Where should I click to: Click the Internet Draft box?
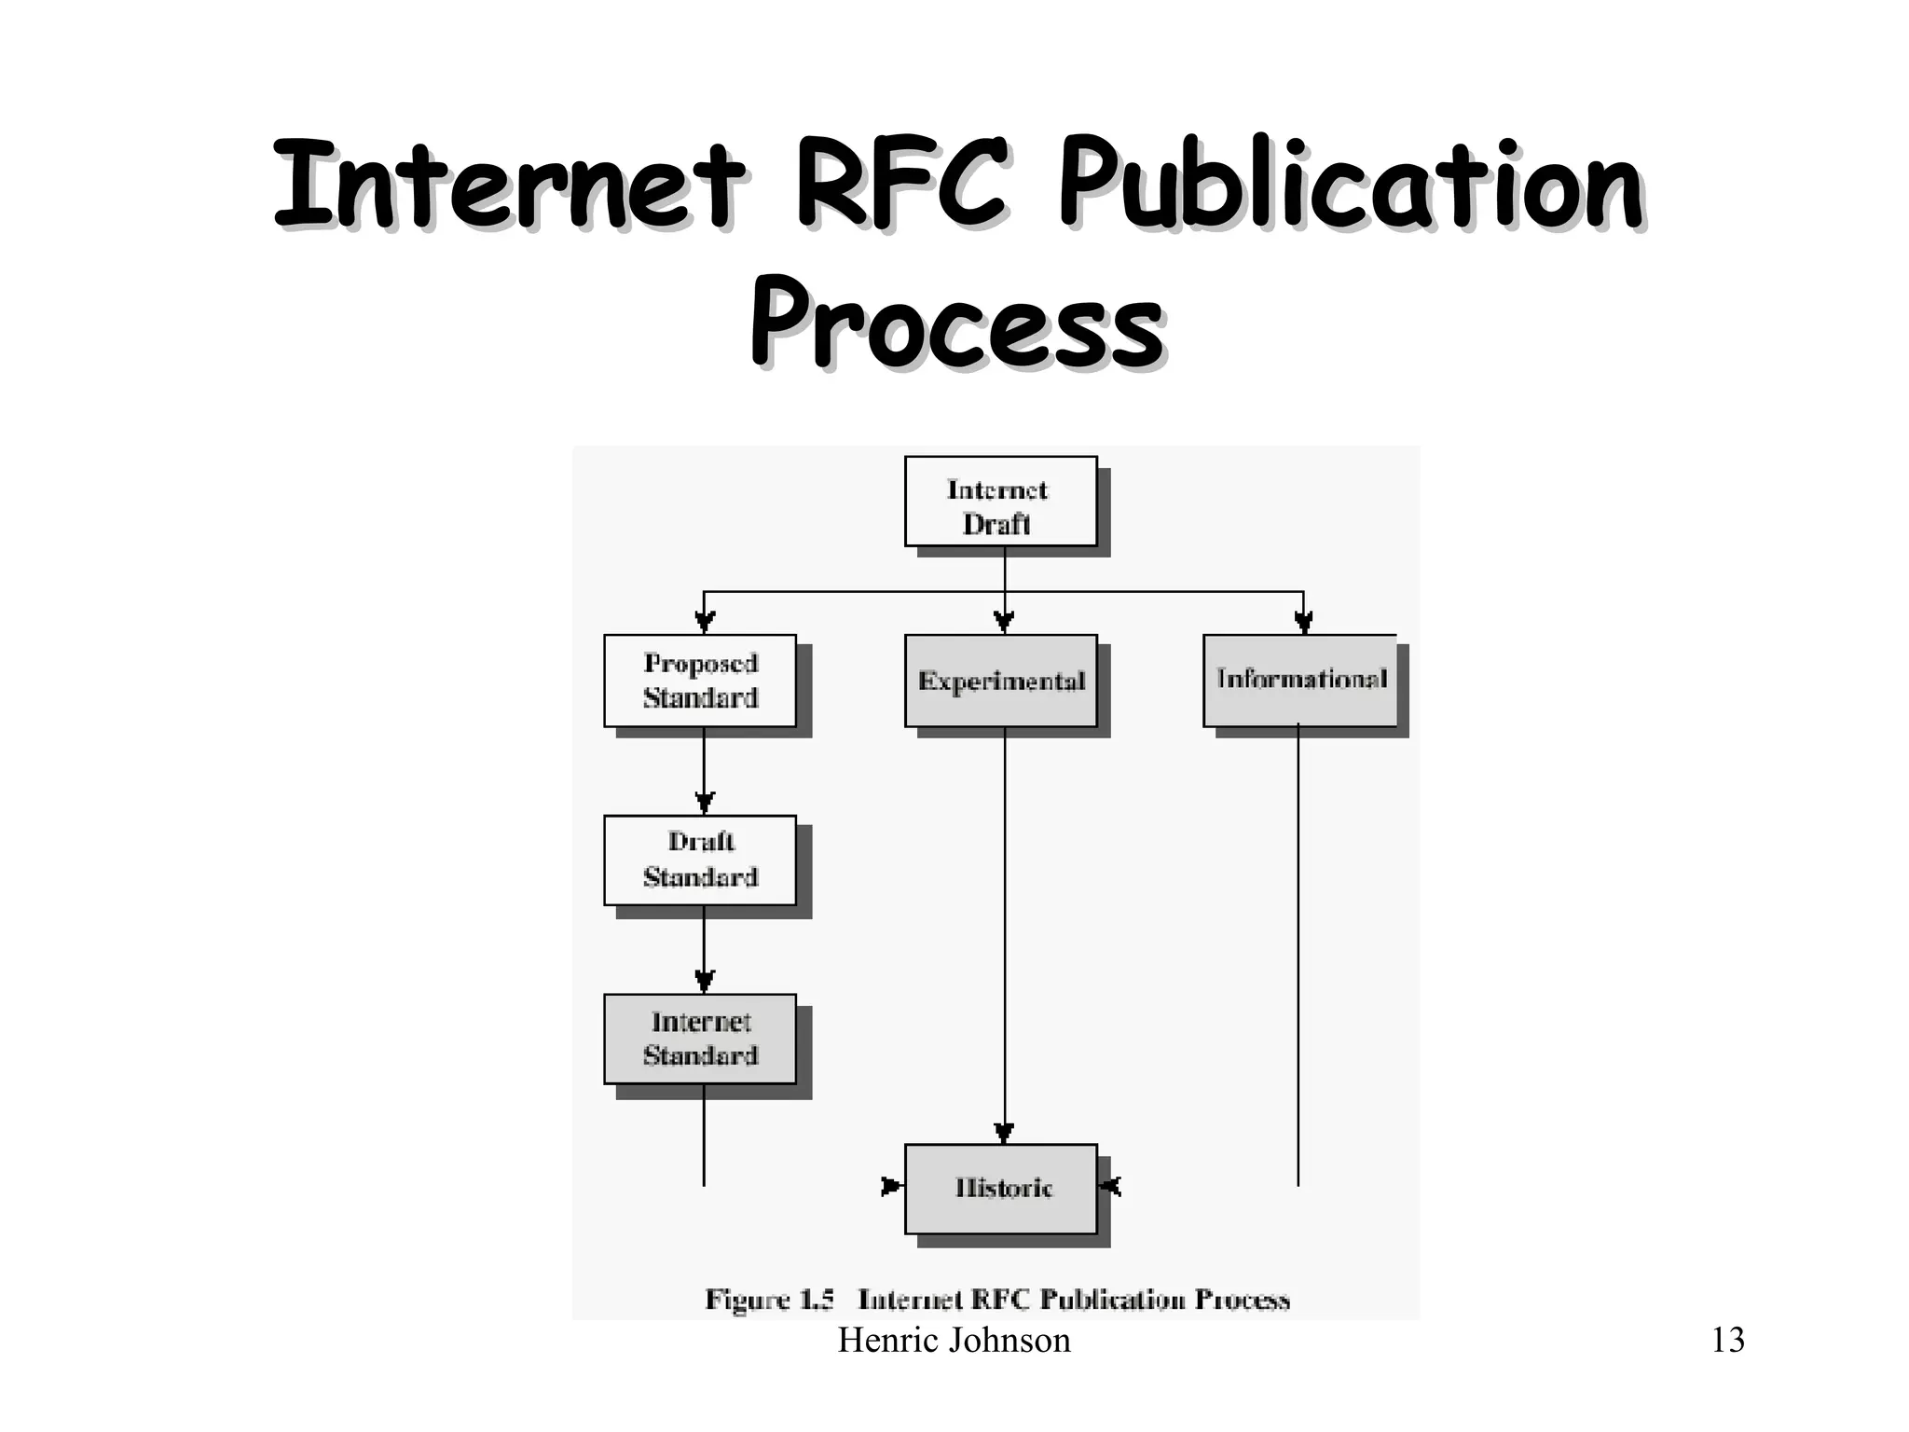click(x=1000, y=502)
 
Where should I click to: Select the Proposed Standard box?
click(x=700, y=681)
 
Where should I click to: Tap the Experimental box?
click(x=1000, y=681)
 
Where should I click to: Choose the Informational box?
click(x=1300, y=681)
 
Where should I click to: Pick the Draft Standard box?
click(x=700, y=860)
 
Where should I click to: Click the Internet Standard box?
click(x=700, y=1039)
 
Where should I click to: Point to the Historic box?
click(x=1000, y=1188)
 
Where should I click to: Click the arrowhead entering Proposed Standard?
click(x=705, y=622)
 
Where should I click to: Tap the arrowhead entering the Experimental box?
click(x=1004, y=622)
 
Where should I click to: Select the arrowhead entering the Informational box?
click(x=1303, y=622)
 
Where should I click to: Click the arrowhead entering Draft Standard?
click(x=705, y=803)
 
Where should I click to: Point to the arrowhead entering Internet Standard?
click(x=705, y=981)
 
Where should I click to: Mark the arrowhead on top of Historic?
click(x=1004, y=1133)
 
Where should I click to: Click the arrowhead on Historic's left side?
click(x=892, y=1186)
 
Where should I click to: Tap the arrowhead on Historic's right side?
click(x=1110, y=1186)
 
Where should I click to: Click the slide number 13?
click(x=1727, y=1341)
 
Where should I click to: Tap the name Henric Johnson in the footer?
click(x=954, y=1341)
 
